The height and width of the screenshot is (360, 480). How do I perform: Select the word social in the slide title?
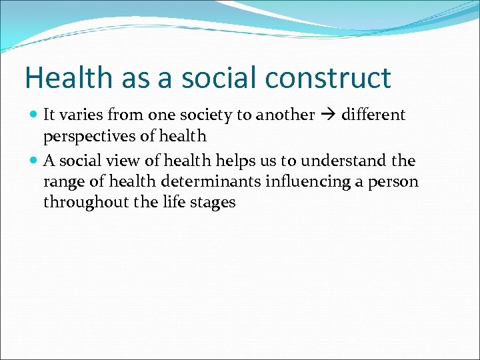(217, 79)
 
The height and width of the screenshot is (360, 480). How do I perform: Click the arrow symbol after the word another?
(327, 115)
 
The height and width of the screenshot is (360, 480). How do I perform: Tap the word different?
(373, 115)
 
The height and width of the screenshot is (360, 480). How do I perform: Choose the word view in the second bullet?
(113, 161)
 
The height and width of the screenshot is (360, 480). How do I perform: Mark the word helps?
(233, 161)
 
